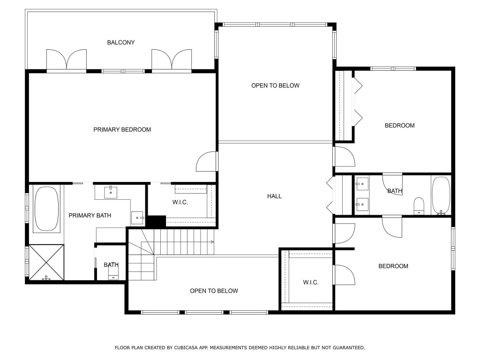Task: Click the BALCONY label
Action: click(120, 43)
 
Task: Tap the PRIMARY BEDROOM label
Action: click(122, 130)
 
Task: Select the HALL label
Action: click(274, 196)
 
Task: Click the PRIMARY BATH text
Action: click(90, 216)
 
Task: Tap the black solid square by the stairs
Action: click(157, 221)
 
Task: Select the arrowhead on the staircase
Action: click(212, 242)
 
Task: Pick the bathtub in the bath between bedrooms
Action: click(441, 195)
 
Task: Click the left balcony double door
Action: click(67, 60)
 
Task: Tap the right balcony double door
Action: click(172, 60)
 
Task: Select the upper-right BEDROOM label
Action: click(399, 126)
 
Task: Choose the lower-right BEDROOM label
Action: click(393, 266)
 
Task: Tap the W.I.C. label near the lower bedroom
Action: click(310, 283)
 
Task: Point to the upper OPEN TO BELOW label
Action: click(275, 86)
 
